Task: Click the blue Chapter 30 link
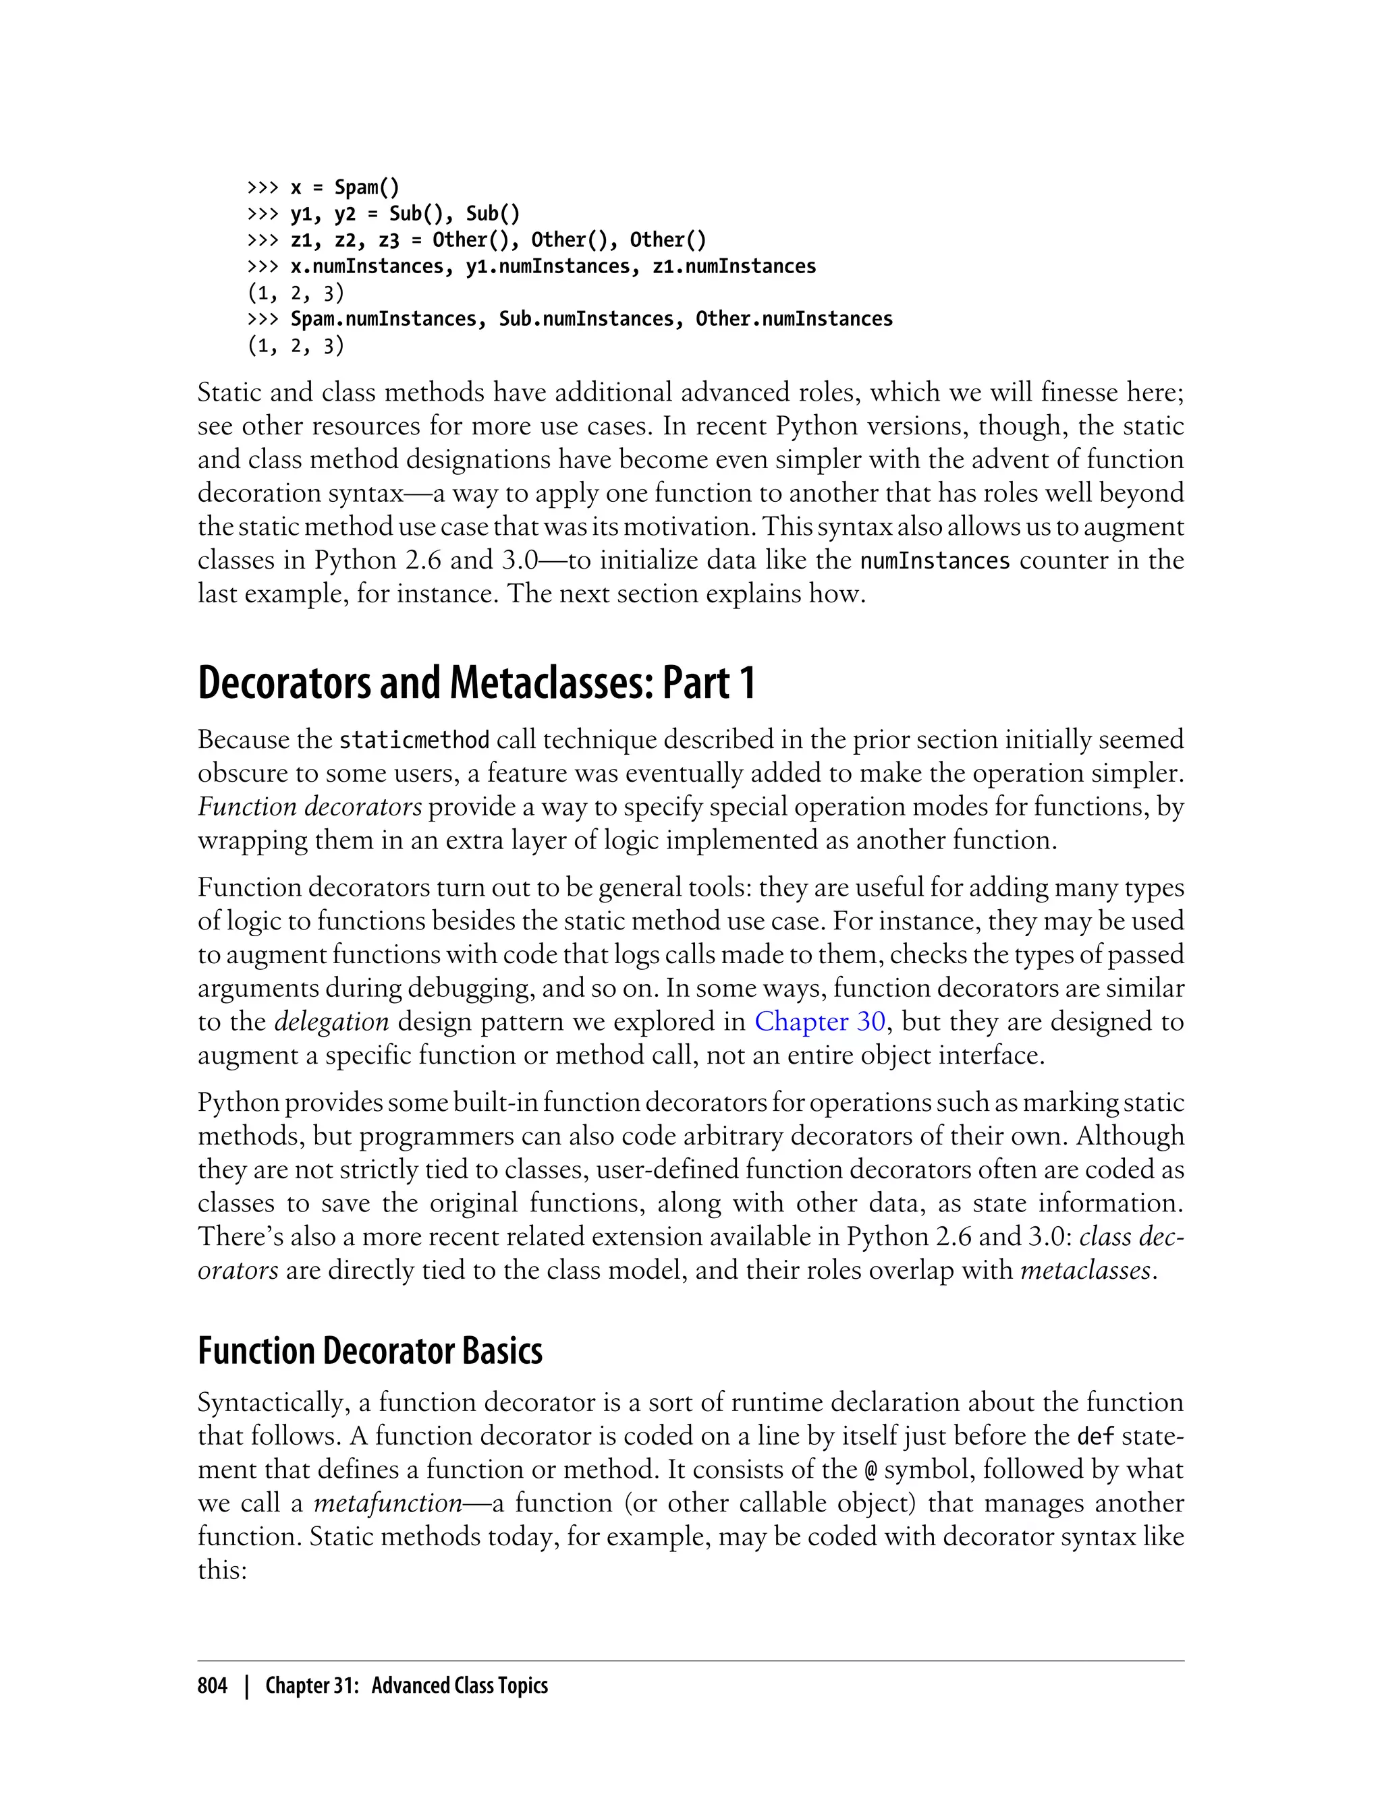819,1021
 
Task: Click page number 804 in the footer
213,1686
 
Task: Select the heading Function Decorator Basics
370,1351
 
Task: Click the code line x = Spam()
345,188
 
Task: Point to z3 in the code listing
388,240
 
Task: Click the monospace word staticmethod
414,740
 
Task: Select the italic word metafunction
387,1503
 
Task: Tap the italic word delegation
331,1021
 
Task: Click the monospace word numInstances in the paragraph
935,560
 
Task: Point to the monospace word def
1096,1437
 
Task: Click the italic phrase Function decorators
309,807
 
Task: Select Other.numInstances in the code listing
794,319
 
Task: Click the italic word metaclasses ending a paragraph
1085,1270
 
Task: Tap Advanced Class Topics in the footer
459,1686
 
